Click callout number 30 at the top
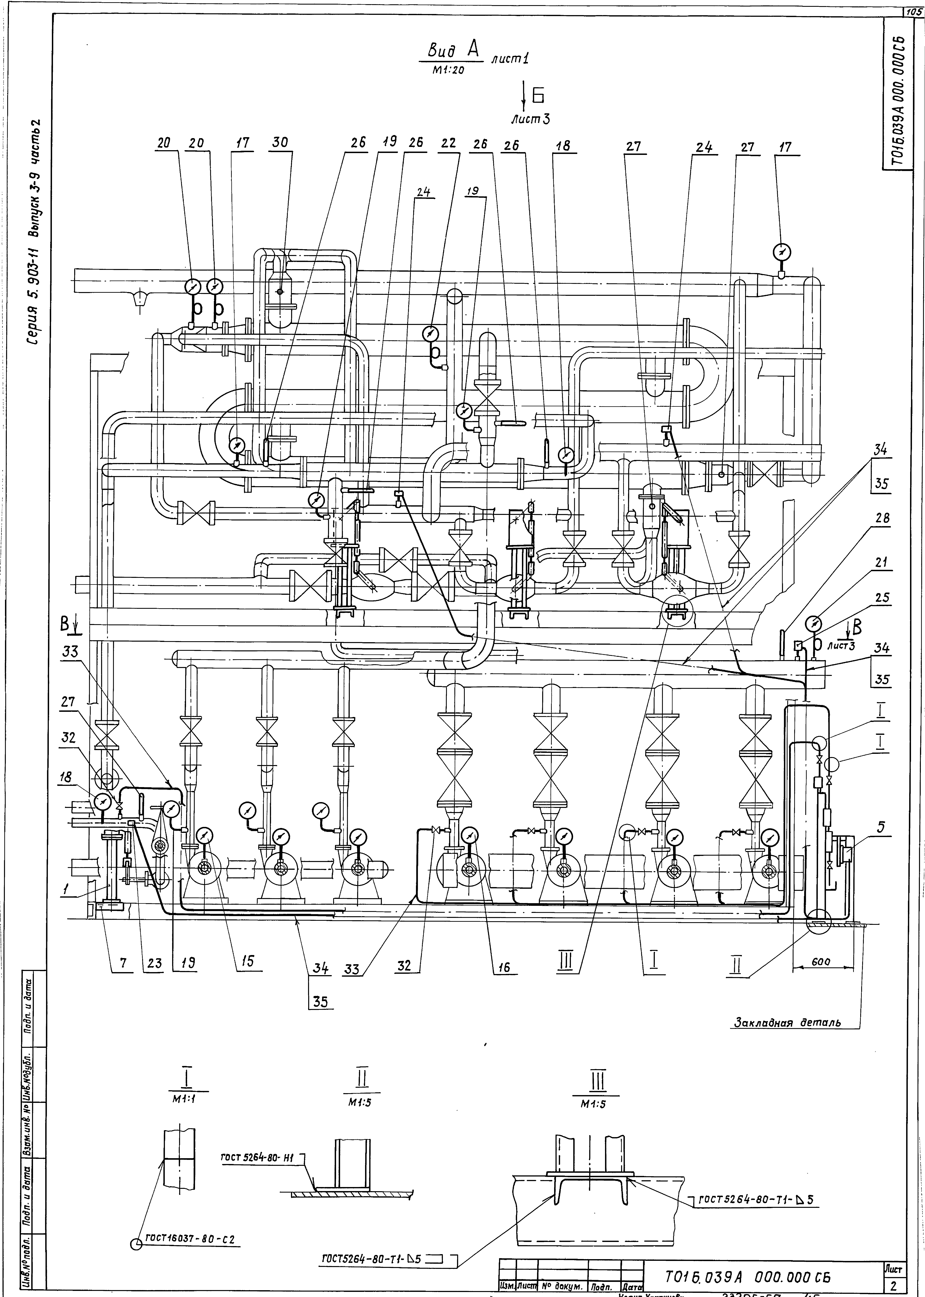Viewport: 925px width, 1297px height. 280,144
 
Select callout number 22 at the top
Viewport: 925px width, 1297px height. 448,144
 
